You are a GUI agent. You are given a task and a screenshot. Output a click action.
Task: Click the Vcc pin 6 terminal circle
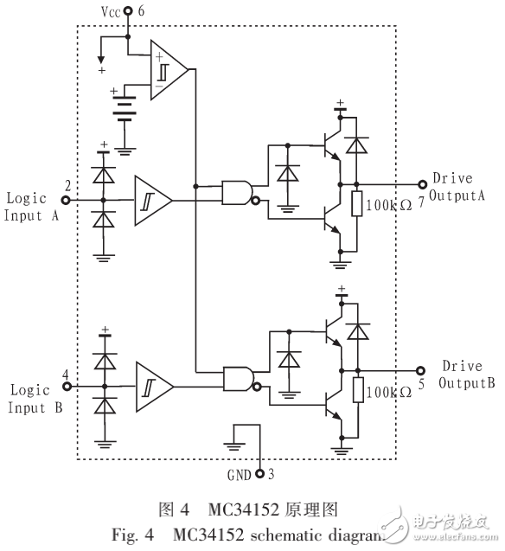128,11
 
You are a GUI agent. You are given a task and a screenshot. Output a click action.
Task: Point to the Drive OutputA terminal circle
423,184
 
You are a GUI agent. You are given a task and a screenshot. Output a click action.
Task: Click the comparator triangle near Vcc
169,68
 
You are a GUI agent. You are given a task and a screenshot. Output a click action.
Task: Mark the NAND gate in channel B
237,378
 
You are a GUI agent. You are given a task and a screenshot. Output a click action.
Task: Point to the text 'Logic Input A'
29,207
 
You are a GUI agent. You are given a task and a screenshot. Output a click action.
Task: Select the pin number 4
65,375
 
